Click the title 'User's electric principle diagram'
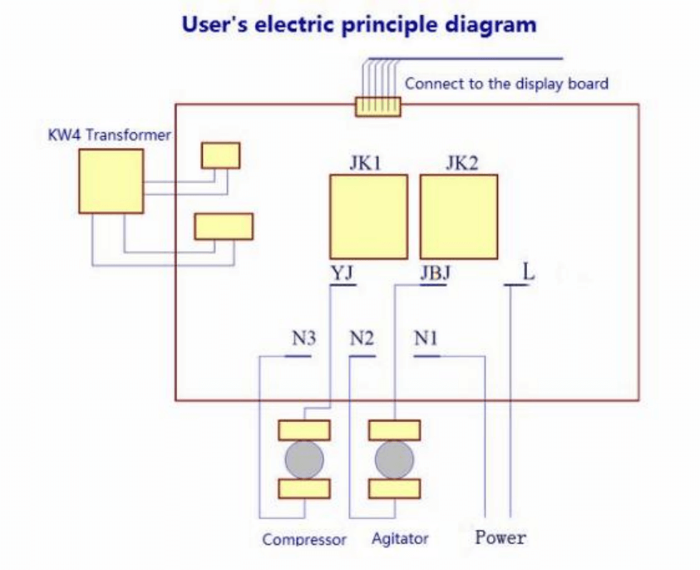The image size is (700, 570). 359,24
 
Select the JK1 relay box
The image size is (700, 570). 368,217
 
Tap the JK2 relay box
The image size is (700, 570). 459,217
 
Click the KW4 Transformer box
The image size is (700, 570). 111,181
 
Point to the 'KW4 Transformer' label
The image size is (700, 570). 110,135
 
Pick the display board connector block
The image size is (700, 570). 378,106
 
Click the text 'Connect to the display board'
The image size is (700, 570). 506,83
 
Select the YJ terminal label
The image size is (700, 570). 342,273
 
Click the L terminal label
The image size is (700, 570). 528,271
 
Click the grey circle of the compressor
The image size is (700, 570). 304,459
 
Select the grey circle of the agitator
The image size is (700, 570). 394,459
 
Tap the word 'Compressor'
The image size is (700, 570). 304,539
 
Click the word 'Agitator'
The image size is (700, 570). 400,538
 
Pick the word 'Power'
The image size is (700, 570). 500,538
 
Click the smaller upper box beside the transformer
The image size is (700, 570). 220,155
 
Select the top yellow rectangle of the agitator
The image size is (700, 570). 394,430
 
